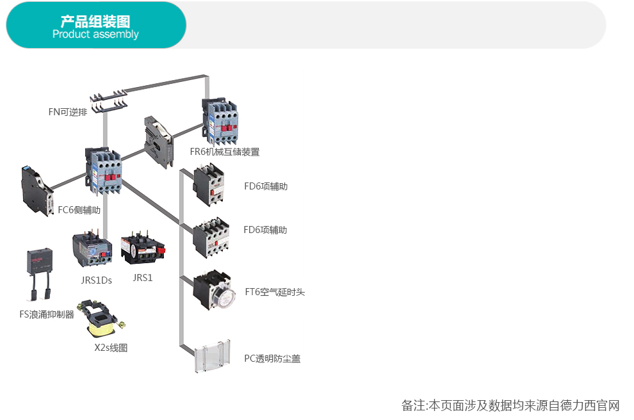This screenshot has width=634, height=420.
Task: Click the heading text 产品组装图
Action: coord(95,22)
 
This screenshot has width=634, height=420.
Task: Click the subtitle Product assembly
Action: coord(95,35)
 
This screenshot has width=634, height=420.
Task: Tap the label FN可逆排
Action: coord(67,112)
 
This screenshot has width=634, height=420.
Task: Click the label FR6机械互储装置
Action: coord(225,152)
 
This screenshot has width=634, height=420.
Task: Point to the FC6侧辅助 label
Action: coord(79,209)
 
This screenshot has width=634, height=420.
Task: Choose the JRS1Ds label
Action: coord(96,280)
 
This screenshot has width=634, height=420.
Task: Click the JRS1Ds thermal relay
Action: coord(92,249)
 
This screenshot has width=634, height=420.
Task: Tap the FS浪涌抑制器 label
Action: coord(47,314)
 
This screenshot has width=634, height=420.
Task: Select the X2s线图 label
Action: coord(111,348)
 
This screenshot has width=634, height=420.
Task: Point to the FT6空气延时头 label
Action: coord(275,292)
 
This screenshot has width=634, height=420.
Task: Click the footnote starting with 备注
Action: coord(510,405)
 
